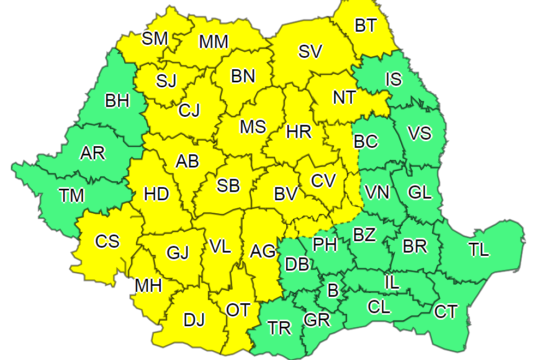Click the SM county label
pos(155,38)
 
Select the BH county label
pos(118,101)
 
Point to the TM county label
pos(71,195)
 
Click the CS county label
pos(107,241)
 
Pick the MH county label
pos(148,285)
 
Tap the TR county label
pos(279,327)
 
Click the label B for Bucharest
pos(333,290)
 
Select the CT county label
pos(446,311)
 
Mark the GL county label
pos(420,192)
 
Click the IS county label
pos(393,80)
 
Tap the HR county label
pos(298,131)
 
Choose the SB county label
pos(228,186)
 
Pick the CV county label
pos(323,181)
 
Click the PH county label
pos(325,245)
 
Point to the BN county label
pos(243,76)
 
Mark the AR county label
pos(92,153)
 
